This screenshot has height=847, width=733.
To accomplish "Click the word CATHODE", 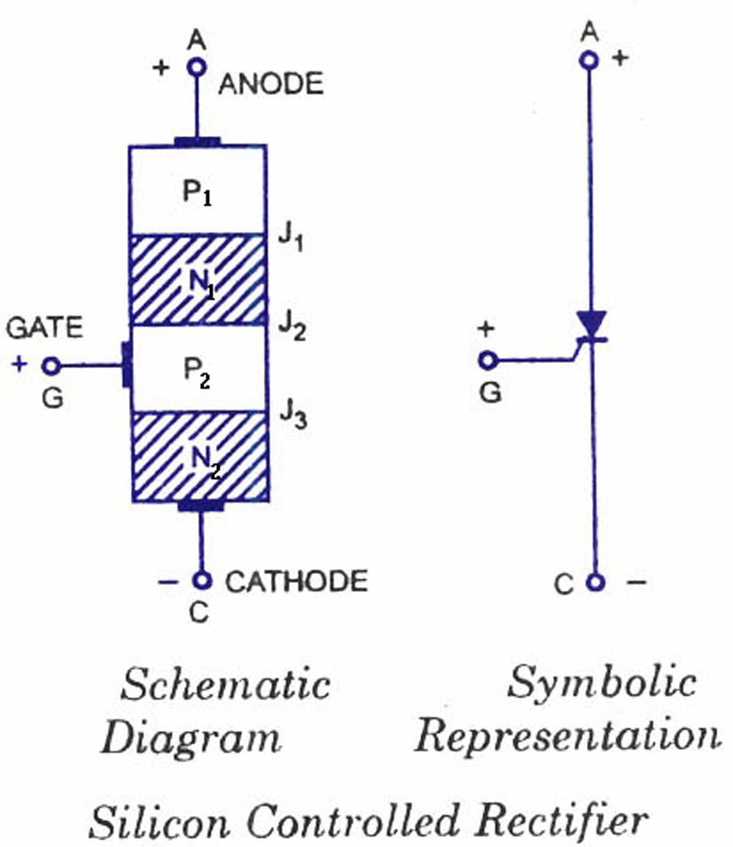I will [296, 582].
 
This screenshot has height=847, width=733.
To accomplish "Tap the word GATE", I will [45, 329].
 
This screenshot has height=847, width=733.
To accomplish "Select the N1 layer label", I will [197, 282].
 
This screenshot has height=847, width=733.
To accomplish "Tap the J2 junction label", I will [291, 324].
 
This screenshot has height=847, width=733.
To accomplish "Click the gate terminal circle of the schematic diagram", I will [51, 364].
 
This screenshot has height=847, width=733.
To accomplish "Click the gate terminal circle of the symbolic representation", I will [488, 360].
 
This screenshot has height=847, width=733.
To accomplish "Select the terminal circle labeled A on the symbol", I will [589, 60].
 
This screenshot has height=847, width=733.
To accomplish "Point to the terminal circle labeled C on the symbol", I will [597, 582].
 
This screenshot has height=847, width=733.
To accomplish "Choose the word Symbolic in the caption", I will [601, 683].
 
